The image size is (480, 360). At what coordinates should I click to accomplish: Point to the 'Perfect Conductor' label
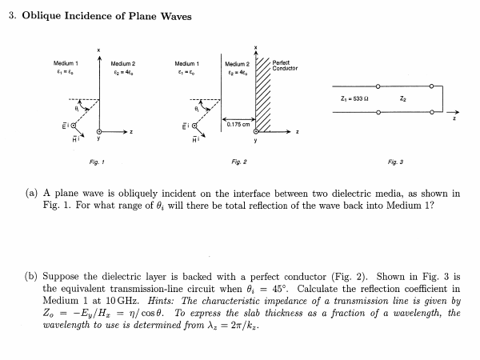coord(285,66)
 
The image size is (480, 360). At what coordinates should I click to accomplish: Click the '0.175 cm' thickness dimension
coord(238,123)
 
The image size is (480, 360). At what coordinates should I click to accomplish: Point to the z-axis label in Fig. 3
coord(458,120)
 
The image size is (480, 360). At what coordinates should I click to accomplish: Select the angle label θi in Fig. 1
coord(78,104)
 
